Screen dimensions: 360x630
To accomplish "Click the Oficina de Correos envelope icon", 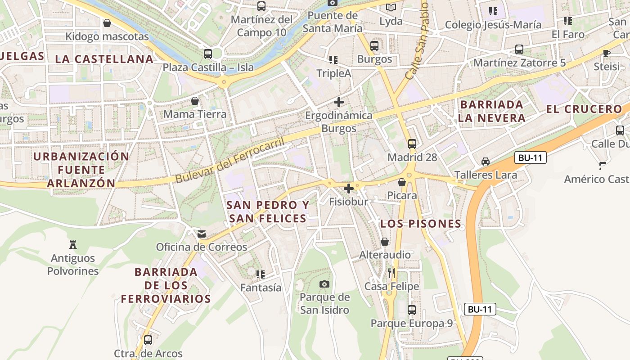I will (x=202, y=234).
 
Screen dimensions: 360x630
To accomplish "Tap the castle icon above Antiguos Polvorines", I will (x=73, y=245).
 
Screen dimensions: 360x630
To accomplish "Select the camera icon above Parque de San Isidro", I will (x=324, y=284).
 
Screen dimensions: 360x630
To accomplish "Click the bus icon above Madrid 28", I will (x=412, y=144).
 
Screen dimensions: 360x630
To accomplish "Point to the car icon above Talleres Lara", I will (x=486, y=161).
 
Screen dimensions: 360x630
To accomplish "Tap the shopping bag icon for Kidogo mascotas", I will (x=107, y=23).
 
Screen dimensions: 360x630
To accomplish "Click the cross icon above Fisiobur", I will (x=348, y=188).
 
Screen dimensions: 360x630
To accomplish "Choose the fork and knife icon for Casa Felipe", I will (x=391, y=273).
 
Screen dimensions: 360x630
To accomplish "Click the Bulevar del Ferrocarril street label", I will (x=230, y=161).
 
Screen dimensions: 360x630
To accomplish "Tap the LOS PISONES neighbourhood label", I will (x=421, y=224).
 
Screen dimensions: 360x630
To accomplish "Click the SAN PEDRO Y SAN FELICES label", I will (x=268, y=212).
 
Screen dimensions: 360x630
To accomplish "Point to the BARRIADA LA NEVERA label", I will (x=491, y=111).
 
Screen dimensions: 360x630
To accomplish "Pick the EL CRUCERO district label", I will (x=584, y=109).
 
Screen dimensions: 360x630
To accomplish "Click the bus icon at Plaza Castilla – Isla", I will (x=208, y=54).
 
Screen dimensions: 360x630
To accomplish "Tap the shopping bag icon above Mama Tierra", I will (x=195, y=101).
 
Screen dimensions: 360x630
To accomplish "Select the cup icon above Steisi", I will (x=607, y=53).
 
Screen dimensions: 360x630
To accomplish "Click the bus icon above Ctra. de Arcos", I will (x=148, y=340).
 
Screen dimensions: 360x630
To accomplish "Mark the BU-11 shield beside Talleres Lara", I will (x=530, y=158).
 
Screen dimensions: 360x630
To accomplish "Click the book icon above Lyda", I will (x=391, y=7).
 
